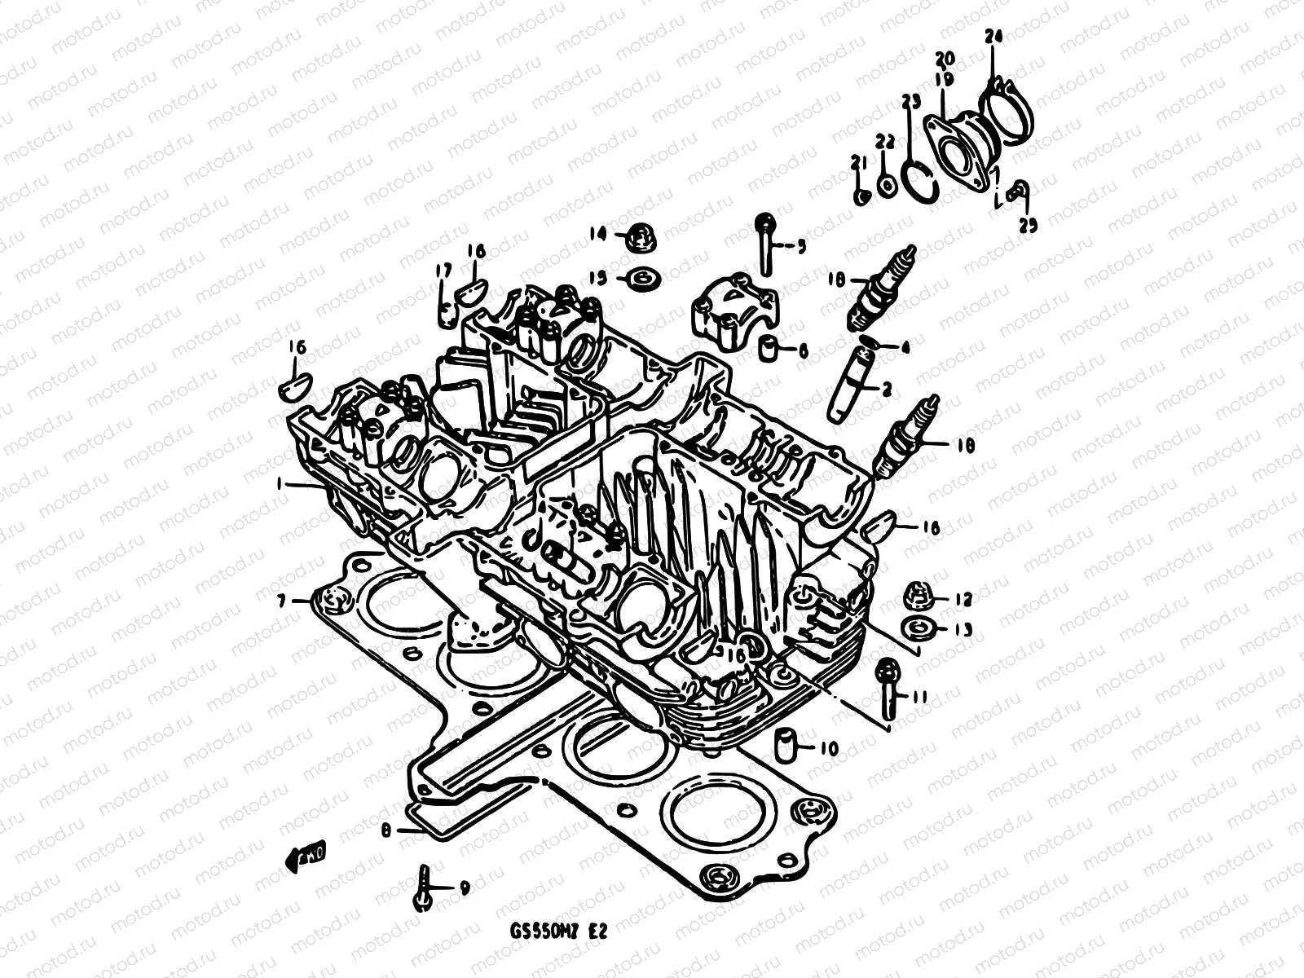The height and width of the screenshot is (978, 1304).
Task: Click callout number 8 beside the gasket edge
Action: (x=386, y=830)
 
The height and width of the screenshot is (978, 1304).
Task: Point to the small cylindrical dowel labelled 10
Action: (x=784, y=745)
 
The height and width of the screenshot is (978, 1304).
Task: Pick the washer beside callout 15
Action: (x=644, y=279)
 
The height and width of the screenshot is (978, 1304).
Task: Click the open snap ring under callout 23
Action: (x=921, y=178)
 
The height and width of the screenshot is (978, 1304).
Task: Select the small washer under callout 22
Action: (x=888, y=184)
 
